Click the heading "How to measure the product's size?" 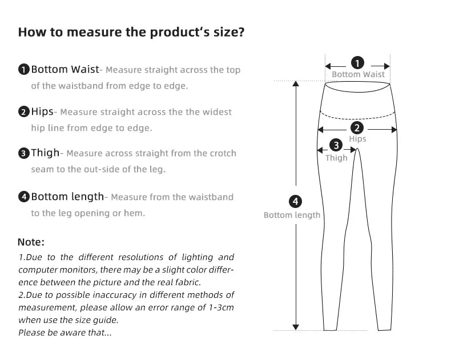coord(131,31)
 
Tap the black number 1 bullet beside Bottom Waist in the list coord(24,70)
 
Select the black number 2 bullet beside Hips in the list coord(24,112)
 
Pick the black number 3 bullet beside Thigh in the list coord(24,153)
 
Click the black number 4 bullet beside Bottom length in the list coord(24,197)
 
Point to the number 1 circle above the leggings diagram coord(357,63)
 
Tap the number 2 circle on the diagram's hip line coord(357,128)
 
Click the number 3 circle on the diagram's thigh coord(336,146)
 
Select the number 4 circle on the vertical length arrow coord(295,202)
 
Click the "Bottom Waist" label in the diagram coord(358,74)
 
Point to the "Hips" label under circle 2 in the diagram coord(357,139)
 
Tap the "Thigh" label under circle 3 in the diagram coord(336,158)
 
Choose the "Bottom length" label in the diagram coord(292,215)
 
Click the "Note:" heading coord(31,242)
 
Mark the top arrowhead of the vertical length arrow coord(296,84)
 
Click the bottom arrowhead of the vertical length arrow coord(296,327)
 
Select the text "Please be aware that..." coord(65,333)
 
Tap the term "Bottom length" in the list coord(67,197)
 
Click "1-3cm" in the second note coord(220,307)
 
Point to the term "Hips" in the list coord(42,111)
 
